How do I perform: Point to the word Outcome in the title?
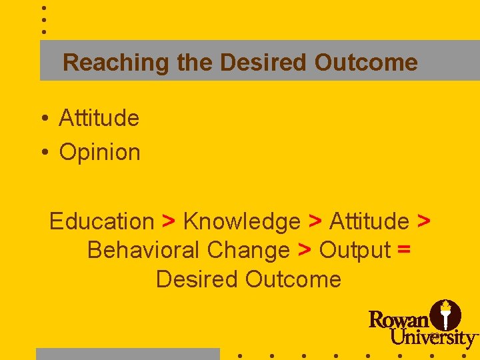366,63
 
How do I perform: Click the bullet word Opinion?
100,152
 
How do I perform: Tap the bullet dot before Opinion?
43,153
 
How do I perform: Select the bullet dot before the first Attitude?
43,119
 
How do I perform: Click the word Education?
101,221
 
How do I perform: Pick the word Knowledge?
242,221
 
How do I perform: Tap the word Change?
249,250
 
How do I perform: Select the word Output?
355,250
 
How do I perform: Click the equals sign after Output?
403,251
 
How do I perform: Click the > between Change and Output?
305,251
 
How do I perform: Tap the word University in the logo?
433,337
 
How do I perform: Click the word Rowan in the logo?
399,319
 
